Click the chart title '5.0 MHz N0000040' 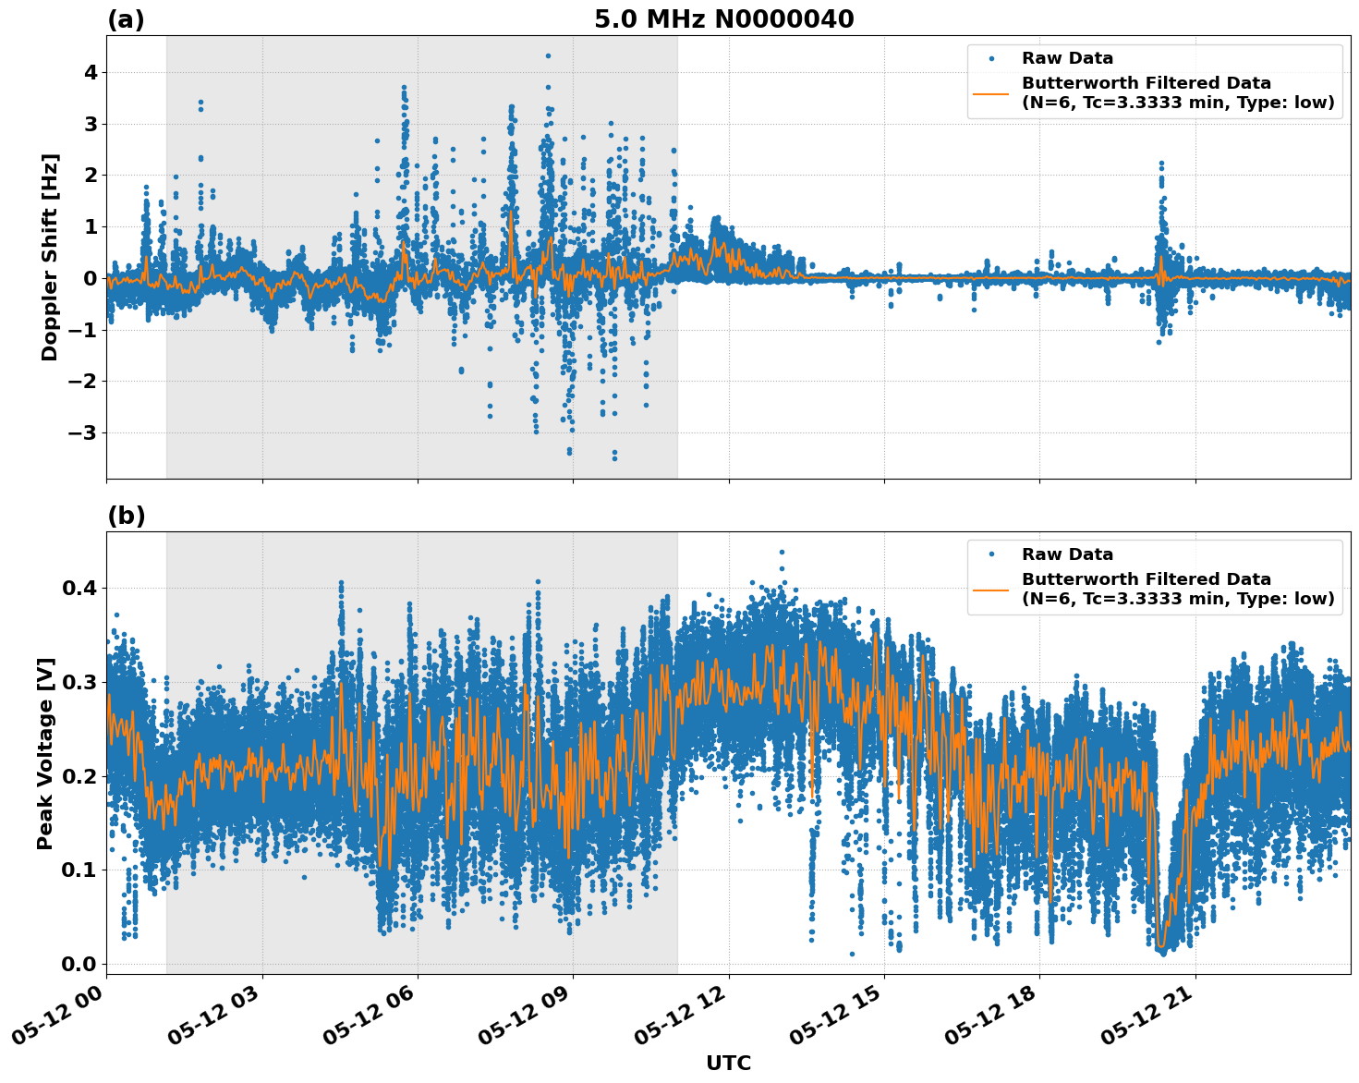[723, 19]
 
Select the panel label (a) [126, 19]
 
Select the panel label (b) [126, 516]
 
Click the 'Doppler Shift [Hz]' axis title [50, 257]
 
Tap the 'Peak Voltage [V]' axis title [45, 753]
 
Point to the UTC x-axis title [728, 1064]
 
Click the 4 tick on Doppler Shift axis [91, 72]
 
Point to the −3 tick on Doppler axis [85, 432]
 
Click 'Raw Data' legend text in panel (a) [1067, 58]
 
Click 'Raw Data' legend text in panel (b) [1067, 554]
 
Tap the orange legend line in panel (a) [991, 92]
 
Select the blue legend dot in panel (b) [991, 554]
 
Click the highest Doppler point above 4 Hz [548, 55]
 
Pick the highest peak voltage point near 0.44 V [782, 552]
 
